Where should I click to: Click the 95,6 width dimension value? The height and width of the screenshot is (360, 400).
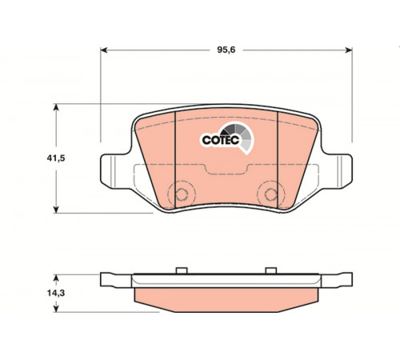(x=226, y=50)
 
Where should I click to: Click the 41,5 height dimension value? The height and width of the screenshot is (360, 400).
(x=56, y=158)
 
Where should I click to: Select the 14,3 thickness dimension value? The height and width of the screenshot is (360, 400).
(x=56, y=293)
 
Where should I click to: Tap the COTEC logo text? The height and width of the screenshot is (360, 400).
(x=220, y=140)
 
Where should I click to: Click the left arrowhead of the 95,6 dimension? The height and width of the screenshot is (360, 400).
(x=104, y=50)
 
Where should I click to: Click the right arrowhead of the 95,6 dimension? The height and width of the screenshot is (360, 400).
(x=349, y=50)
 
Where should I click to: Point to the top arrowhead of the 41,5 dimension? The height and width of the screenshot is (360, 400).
(x=56, y=107)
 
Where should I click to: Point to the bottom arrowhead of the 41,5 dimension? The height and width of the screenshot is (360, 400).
(x=56, y=210)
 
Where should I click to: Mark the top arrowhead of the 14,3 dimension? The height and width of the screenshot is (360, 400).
(x=56, y=278)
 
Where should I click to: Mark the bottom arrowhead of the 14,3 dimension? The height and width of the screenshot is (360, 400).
(x=56, y=309)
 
